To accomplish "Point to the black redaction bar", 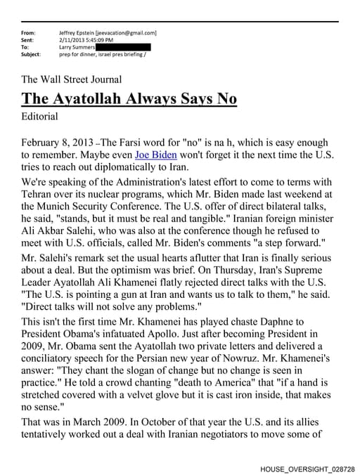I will click(x=124, y=47).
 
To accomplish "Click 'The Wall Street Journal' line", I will click(x=72, y=79).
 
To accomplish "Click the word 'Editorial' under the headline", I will click(x=40, y=116).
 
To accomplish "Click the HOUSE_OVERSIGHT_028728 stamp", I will click(x=307, y=467).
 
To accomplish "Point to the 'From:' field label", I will click(x=28, y=33).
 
